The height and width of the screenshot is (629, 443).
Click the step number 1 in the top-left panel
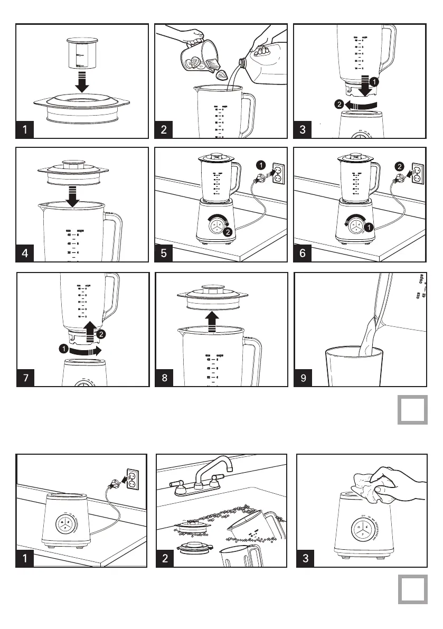tap(25, 129)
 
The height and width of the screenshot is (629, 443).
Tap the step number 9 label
tap(303, 378)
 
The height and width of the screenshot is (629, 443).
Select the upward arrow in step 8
tap(212, 320)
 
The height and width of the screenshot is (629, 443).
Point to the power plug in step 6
tap(393, 183)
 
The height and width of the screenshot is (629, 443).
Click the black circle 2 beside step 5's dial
tap(228, 231)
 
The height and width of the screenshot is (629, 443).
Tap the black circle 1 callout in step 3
tap(373, 82)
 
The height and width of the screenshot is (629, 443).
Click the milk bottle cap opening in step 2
tap(242, 62)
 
